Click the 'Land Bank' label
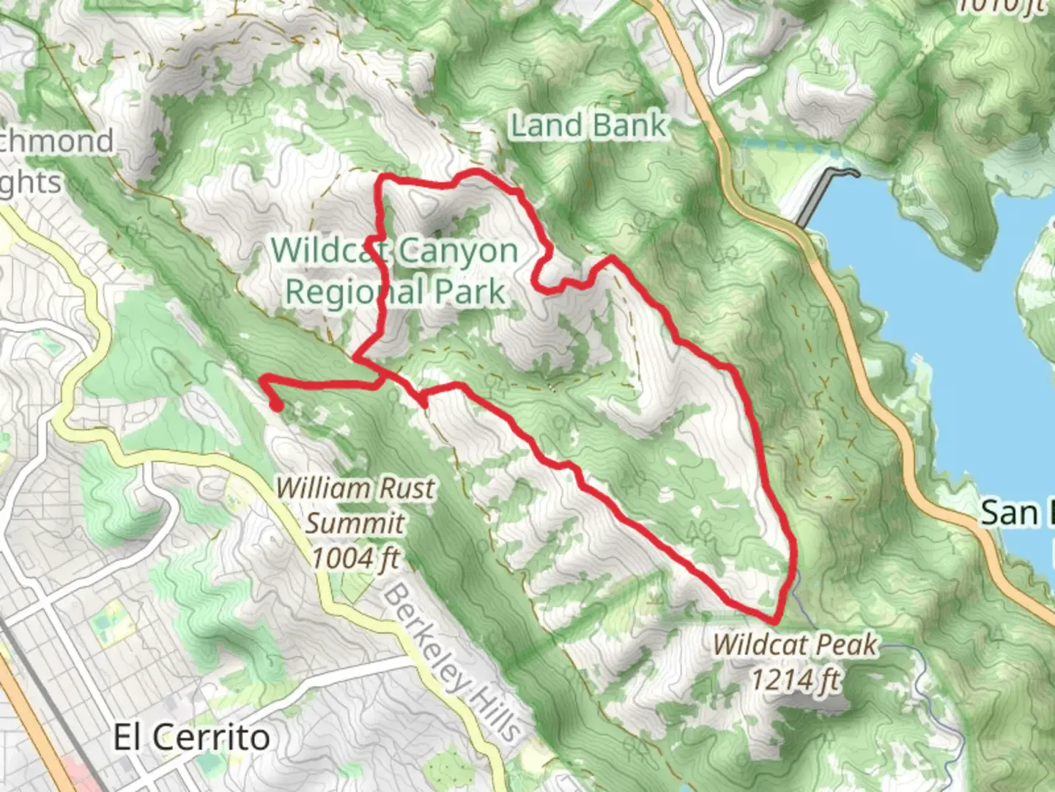click(588, 125)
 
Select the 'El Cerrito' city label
click(191, 737)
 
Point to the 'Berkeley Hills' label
click(452, 662)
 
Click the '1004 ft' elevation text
click(355, 559)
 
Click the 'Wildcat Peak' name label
click(795, 645)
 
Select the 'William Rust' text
click(355, 488)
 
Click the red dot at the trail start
click(277, 405)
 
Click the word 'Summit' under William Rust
click(355, 524)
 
